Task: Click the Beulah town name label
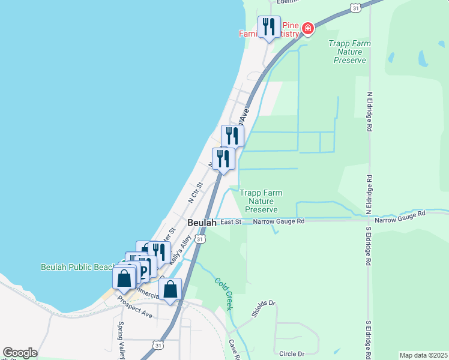(202, 223)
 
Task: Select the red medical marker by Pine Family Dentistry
(308, 28)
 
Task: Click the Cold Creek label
(223, 293)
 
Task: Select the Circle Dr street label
(292, 353)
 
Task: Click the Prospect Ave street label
(134, 310)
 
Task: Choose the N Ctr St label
(196, 192)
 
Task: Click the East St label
(231, 222)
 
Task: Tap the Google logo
(20, 353)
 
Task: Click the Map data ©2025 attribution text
(423, 355)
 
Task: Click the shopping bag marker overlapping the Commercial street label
(170, 289)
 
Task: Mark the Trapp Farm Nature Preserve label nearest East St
(261, 201)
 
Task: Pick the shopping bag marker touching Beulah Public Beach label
(124, 278)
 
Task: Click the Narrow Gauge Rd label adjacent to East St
(279, 221)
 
